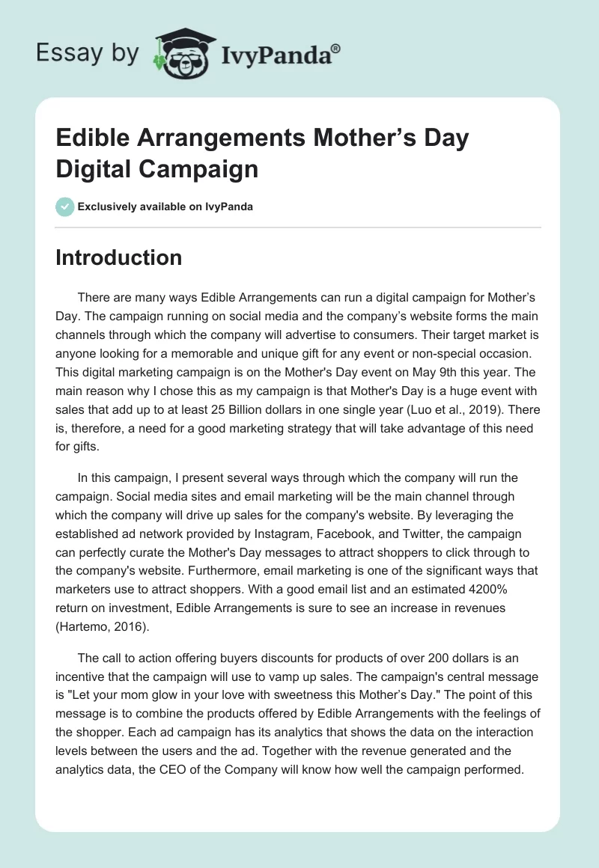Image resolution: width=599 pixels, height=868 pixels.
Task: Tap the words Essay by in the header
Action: [x=87, y=53]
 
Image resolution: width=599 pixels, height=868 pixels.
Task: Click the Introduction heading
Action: [x=119, y=257]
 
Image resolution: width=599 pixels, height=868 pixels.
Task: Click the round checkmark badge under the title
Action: [x=65, y=207]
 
